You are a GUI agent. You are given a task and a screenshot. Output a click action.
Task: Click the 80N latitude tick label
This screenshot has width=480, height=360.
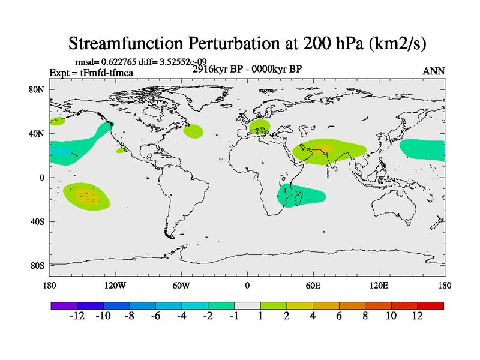pos(37,90)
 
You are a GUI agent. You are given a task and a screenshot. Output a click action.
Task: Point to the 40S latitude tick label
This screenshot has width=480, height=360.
pos(37,222)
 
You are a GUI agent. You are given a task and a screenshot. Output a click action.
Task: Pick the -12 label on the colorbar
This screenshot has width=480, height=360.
pos(77,316)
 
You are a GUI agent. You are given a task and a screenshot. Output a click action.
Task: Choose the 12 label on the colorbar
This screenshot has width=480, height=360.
pos(417,316)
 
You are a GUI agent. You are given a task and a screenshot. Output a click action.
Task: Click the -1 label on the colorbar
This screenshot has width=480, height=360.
pos(234,316)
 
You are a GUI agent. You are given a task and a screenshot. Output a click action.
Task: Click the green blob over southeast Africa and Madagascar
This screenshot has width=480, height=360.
pos(300,195)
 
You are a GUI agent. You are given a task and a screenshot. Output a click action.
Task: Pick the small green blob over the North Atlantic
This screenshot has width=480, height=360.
pos(193,131)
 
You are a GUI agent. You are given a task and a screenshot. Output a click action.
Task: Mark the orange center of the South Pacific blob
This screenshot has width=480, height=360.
pos(88,196)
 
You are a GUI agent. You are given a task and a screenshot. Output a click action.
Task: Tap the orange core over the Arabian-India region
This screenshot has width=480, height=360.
pos(324,148)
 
